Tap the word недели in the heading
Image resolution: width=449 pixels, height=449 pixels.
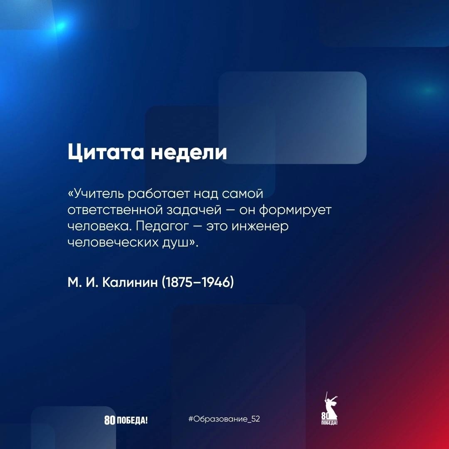(x=189, y=152)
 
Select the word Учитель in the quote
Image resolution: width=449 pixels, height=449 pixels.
(x=96, y=194)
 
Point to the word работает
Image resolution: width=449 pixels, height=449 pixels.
(x=159, y=194)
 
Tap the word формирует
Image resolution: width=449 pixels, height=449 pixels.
(x=295, y=210)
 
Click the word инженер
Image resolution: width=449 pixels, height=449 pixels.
(x=260, y=227)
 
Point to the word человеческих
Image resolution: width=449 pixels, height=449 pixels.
(x=113, y=242)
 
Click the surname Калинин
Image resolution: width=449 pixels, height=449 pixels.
(x=130, y=282)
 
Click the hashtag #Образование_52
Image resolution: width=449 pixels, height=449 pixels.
(x=224, y=419)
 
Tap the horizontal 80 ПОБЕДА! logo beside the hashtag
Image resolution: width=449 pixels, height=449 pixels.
(x=126, y=420)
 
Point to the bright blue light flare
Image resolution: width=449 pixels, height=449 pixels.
(x=60, y=27)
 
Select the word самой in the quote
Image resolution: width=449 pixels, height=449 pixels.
(x=242, y=194)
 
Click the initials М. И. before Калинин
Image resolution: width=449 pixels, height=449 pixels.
(x=83, y=282)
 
